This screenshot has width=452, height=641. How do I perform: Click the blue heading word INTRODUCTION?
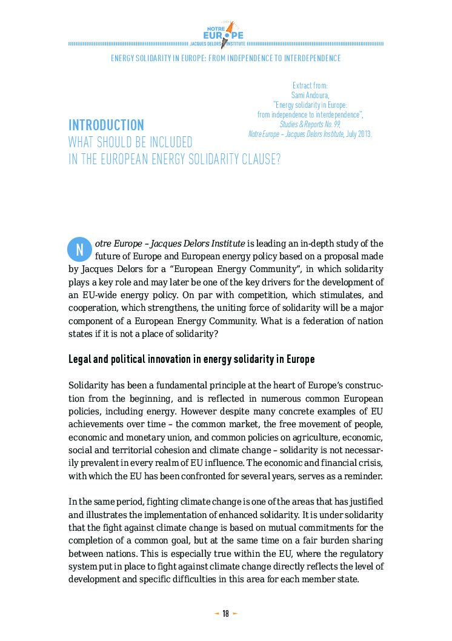click(106, 125)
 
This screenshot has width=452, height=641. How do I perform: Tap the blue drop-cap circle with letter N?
click(79, 249)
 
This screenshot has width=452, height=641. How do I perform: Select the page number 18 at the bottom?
click(225, 614)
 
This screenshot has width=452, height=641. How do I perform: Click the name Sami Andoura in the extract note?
click(310, 95)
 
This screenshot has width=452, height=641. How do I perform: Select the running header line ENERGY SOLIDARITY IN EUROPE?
click(225, 58)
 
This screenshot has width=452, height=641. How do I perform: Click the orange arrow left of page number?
click(216, 614)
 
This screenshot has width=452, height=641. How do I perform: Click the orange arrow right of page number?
click(235, 614)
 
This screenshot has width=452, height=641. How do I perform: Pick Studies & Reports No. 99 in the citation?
click(310, 124)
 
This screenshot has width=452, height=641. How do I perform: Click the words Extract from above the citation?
click(310, 86)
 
